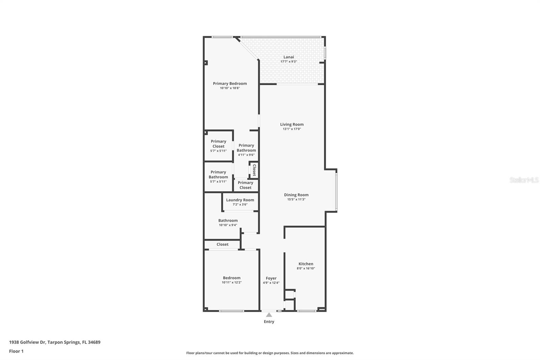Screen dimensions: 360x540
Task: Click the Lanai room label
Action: coord(289,57)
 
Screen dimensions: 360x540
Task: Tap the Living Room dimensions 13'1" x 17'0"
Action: coord(292,129)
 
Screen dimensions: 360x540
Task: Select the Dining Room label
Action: coord(296,195)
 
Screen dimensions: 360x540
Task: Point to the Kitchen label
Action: coord(306,264)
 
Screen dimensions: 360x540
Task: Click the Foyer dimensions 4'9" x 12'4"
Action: coord(271,283)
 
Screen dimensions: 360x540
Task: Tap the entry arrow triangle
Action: coord(269,315)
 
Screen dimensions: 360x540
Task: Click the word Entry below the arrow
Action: coord(269,322)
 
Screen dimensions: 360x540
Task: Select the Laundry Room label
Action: coord(240,200)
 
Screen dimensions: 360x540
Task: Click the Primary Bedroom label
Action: coord(230,83)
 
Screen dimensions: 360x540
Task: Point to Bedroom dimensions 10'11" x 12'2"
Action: coord(232,283)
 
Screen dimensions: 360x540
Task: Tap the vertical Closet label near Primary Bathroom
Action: coord(254,170)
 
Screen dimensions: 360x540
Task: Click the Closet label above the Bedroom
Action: coord(222,245)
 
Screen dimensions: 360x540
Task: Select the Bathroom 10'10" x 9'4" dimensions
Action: coord(228,225)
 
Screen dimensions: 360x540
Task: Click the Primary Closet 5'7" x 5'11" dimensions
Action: coord(218,151)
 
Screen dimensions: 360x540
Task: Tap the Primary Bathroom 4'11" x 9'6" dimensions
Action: coord(246,155)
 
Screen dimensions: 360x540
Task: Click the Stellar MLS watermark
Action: coord(524,180)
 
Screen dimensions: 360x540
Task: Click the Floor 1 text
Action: coord(16,351)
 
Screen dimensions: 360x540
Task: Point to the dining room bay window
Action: coord(336,191)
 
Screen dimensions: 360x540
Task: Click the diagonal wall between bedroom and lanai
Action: coord(247,49)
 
